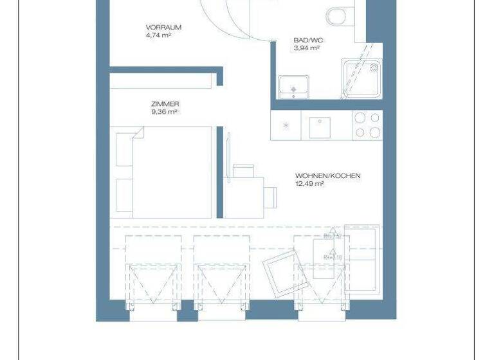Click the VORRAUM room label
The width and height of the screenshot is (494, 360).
pyautogui.click(x=163, y=27)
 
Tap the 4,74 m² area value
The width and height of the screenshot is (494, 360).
pyautogui.click(x=158, y=35)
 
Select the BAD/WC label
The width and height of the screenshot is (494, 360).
pyautogui.click(x=309, y=40)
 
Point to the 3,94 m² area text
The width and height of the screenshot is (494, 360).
pyautogui.click(x=307, y=48)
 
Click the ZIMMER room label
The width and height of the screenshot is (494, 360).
pyautogui.click(x=165, y=104)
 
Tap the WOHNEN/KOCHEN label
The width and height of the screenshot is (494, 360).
pyautogui.click(x=328, y=175)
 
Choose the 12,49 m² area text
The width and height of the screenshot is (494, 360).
pyautogui.click(x=309, y=184)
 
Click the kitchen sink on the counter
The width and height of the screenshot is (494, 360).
pyautogui.click(x=320, y=127)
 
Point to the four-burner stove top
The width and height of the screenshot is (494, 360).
pyautogui.click(x=367, y=125)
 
